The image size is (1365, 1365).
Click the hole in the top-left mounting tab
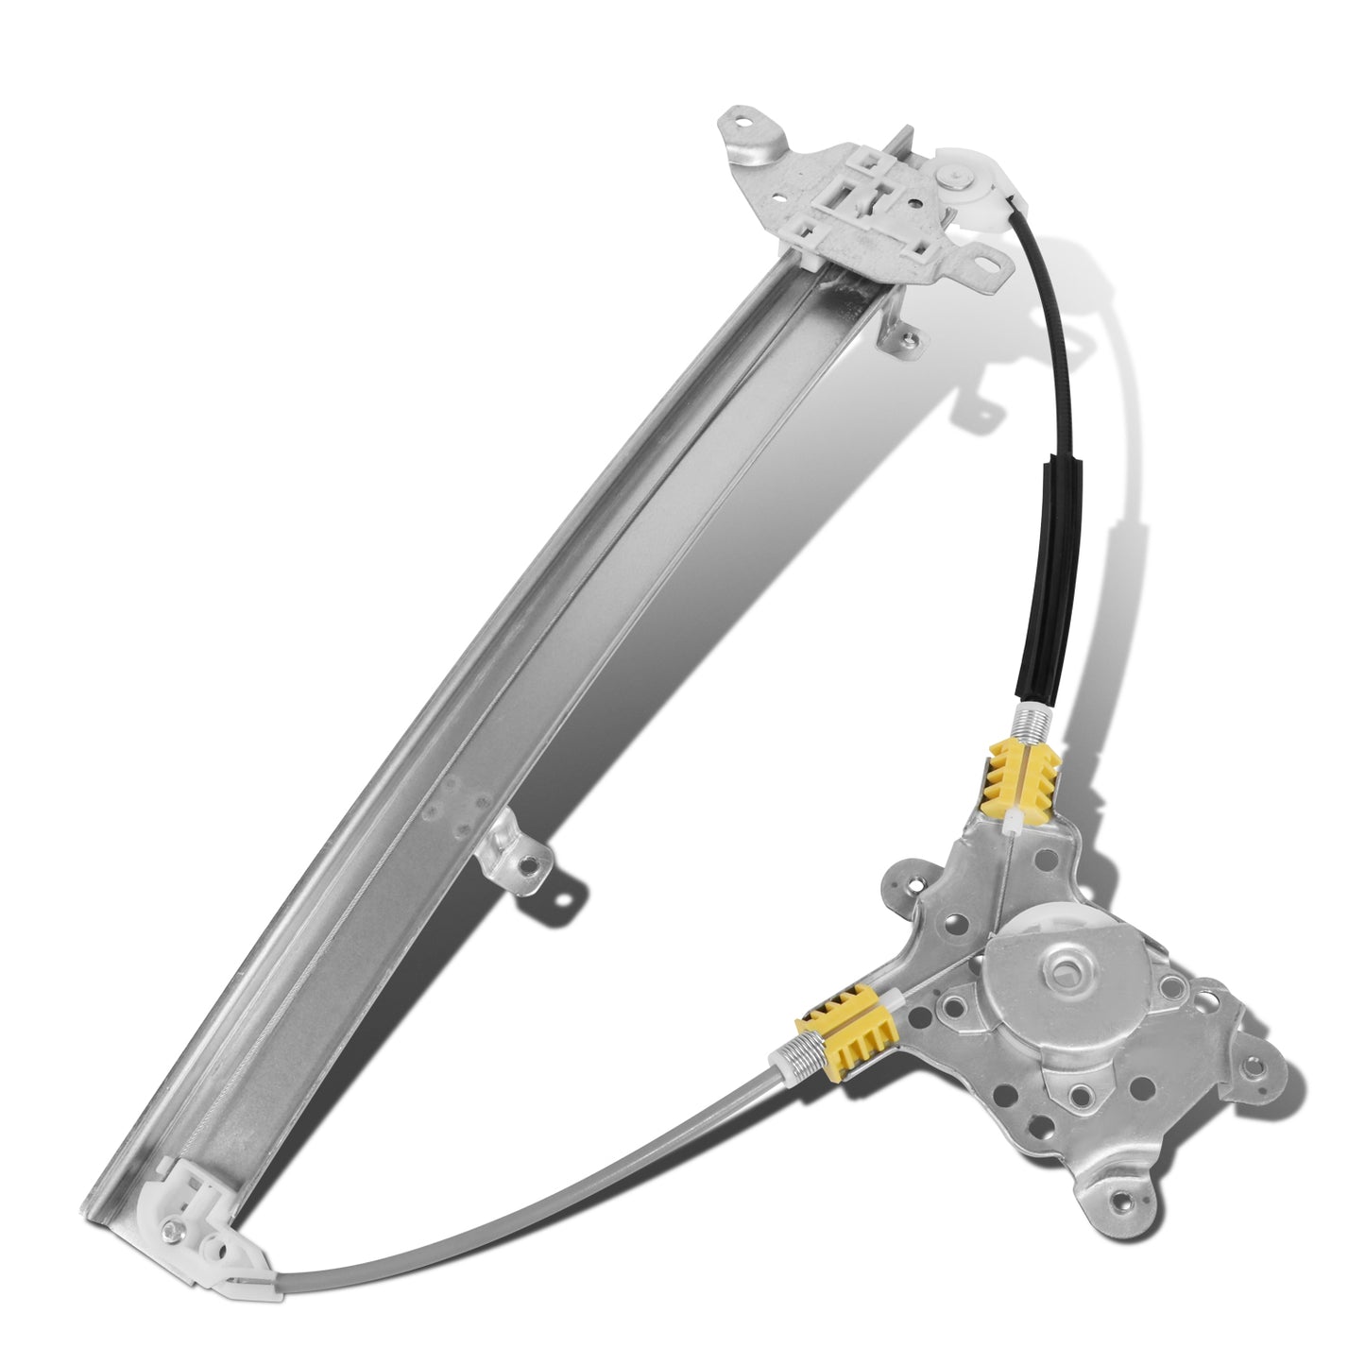tap(742, 123)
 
